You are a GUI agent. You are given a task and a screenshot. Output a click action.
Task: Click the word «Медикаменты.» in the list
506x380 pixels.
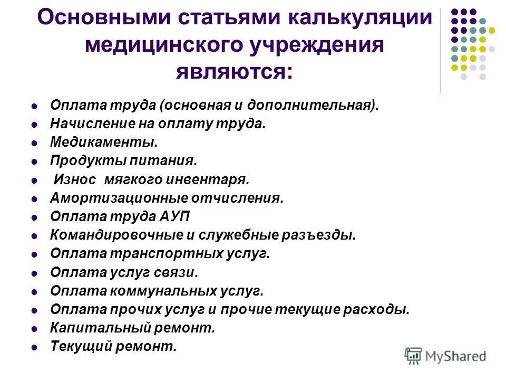[x=103, y=142]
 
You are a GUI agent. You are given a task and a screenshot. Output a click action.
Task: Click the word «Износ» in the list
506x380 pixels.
[x=76, y=179]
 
